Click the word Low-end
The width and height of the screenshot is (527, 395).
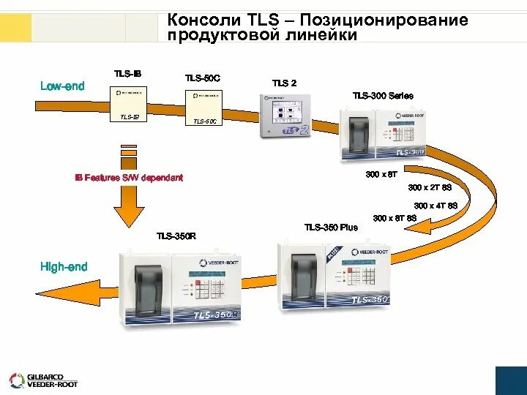(62, 86)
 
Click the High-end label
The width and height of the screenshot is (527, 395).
(64, 267)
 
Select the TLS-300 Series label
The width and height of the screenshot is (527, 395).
(383, 96)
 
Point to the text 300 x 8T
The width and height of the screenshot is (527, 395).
(381, 174)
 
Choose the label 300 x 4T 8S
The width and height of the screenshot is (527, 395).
(436, 206)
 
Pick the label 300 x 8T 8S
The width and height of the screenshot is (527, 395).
(395, 218)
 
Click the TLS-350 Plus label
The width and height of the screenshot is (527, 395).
(331, 227)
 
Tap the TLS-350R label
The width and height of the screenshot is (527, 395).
(176, 236)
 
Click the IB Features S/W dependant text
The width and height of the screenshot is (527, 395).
(129, 178)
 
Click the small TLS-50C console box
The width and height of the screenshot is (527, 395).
(203, 102)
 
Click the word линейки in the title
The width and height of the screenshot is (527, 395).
(322, 34)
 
